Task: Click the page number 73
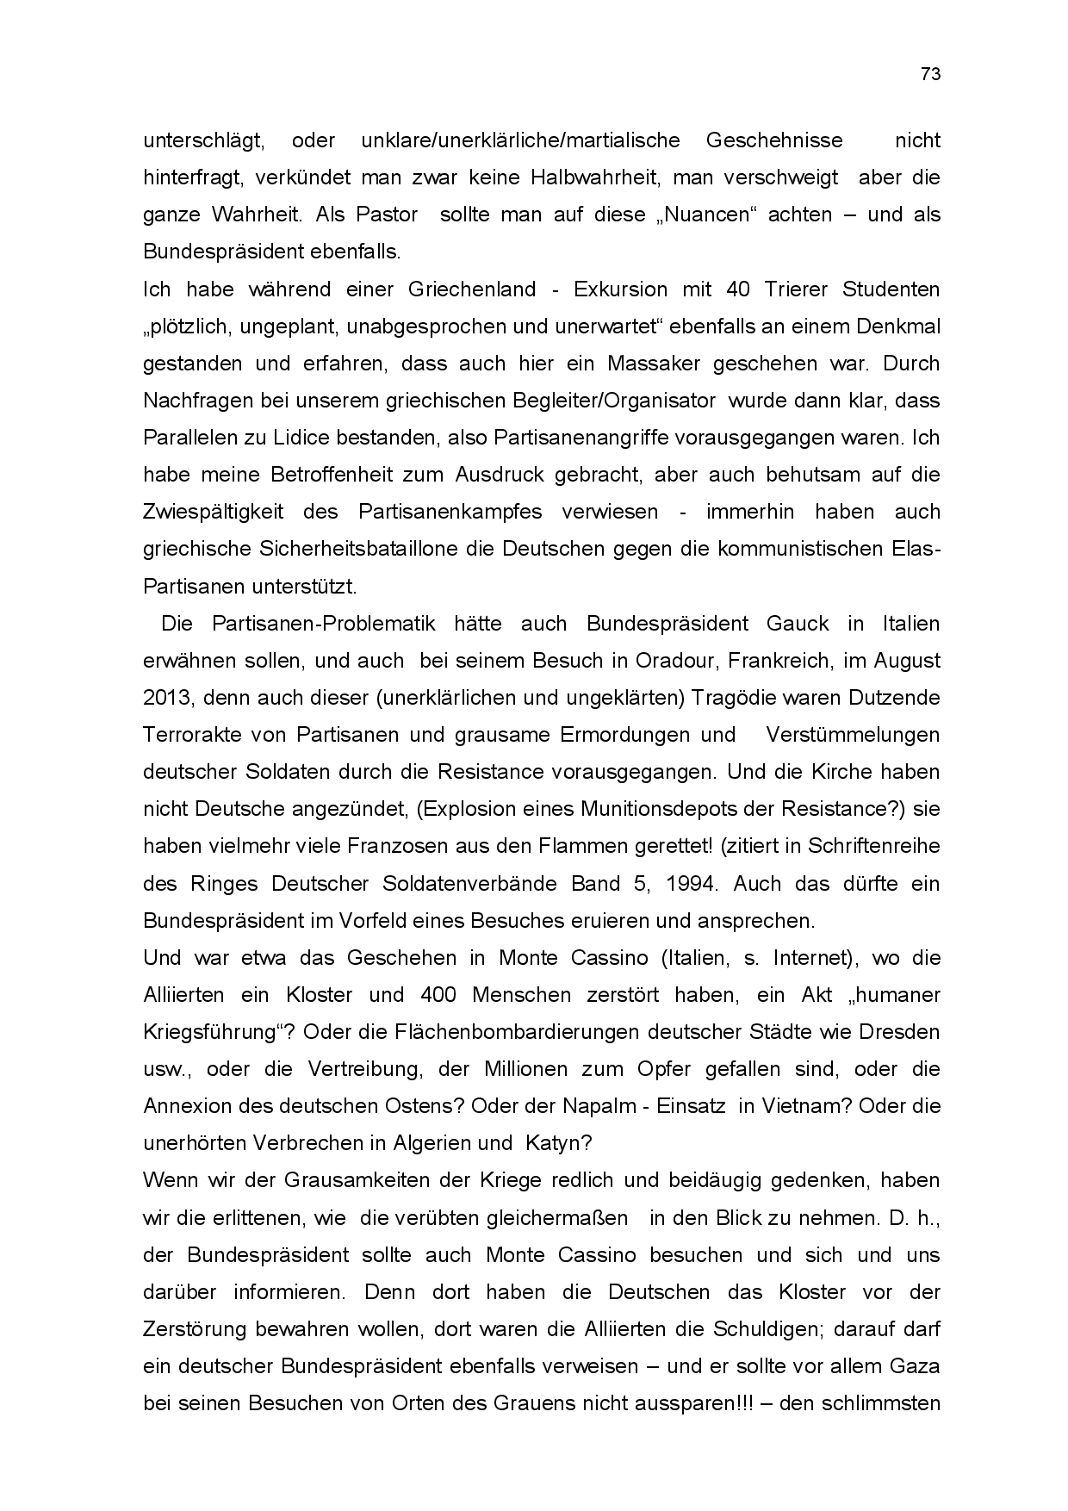[930, 74]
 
